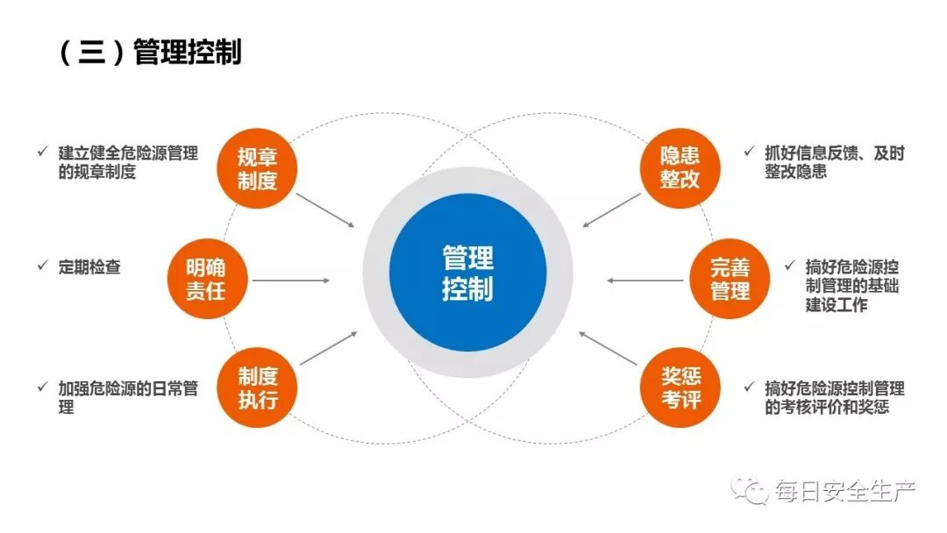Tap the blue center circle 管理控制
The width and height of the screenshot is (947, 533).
click(x=467, y=273)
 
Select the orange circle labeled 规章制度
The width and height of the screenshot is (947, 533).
click(x=257, y=169)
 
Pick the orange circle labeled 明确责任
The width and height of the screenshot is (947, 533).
click(x=205, y=279)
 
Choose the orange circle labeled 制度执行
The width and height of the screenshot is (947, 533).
click(x=257, y=387)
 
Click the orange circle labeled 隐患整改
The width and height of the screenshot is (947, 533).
click(x=680, y=169)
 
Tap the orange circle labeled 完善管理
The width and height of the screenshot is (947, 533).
click(x=730, y=279)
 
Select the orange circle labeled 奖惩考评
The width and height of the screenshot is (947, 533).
click(x=680, y=387)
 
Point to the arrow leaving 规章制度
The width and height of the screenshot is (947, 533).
click(x=325, y=210)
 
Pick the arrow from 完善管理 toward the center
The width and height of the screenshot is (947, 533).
click(x=644, y=281)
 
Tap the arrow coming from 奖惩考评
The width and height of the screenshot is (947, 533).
click(x=609, y=348)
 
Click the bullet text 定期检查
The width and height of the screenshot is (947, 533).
click(x=89, y=267)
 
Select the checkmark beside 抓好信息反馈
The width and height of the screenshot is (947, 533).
click(x=748, y=152)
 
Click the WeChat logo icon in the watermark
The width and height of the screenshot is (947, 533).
click(x=751, y=491)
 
